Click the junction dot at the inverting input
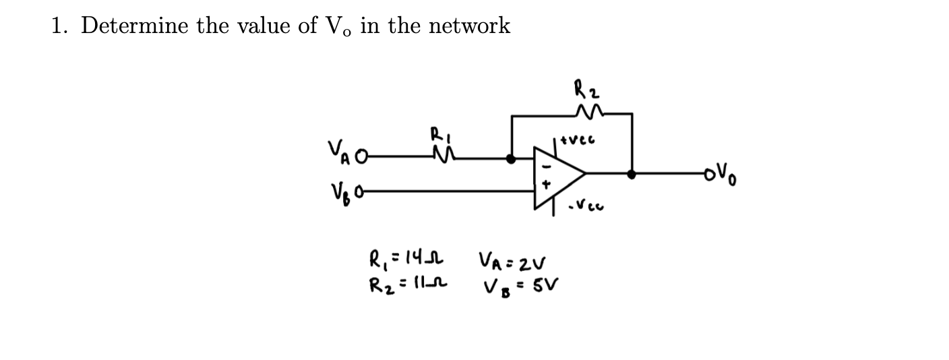pos(512,158)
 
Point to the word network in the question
pos(470,26)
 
